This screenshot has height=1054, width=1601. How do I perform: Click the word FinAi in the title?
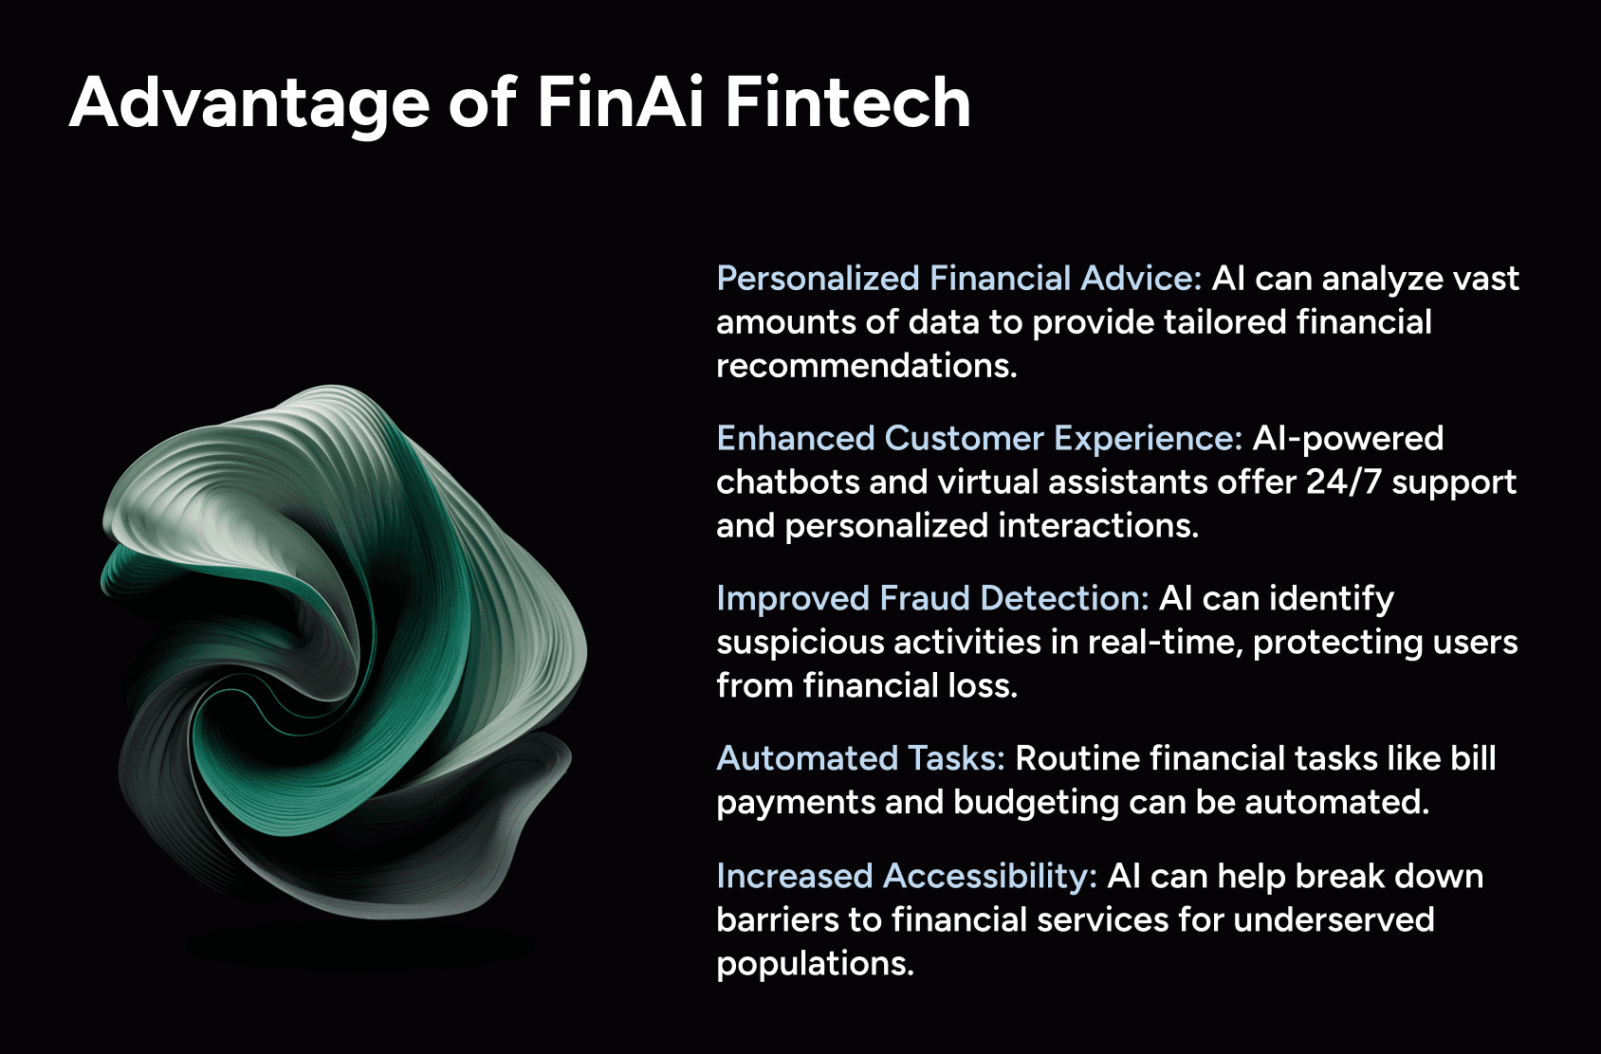click(x=620, y=102)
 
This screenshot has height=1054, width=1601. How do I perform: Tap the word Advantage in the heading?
click(x=249, y=106)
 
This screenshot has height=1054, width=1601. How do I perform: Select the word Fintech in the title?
click(x=848, y=102)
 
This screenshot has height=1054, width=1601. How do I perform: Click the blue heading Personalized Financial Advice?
click(x=959, y=279)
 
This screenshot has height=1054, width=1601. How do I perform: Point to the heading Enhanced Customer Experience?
click(x=979, y=439)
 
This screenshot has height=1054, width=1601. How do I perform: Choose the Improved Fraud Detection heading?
click(x=932, y=598)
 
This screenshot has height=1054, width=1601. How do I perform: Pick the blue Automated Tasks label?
click(x=860, y=758)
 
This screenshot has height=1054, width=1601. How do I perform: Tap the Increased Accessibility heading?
click(x=907, y=876)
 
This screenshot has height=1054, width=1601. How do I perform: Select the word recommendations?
click(x=866, y=366)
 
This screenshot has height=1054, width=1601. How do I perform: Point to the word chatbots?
click(x=787, y=482)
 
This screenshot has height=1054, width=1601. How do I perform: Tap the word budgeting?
click(x=1036, y=803)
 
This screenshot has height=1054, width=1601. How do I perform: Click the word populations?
click(x=815, y=964)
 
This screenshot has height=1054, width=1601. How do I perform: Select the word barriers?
click(x=778, y=919)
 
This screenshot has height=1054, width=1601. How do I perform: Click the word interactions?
click(x=1098, y=525)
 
